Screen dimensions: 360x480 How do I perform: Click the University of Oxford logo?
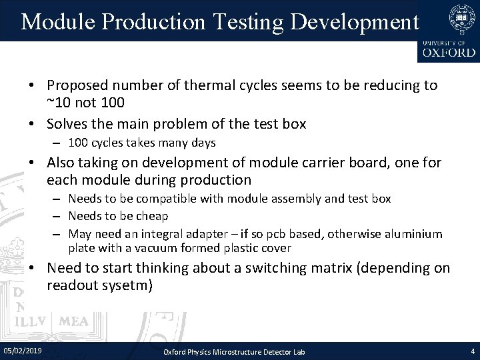[x=448, y=31]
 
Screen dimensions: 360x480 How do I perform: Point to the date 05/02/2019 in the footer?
[x=23, y=349]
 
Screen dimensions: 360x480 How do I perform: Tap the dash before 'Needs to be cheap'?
[x=59, y=215]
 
